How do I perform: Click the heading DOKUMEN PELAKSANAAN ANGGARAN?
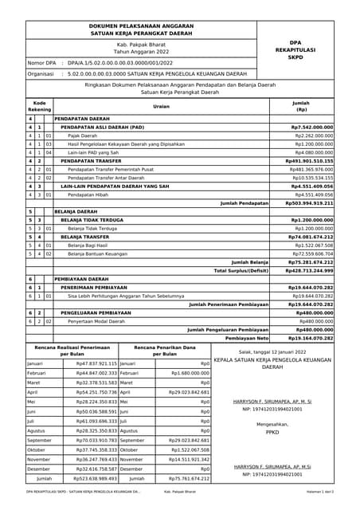click(142, 26)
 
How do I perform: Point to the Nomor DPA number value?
click(120, 62)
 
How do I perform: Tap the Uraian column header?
click(162, 106)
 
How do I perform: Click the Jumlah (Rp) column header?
click(301, 106)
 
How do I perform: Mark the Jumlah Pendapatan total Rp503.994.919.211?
click(310, 203)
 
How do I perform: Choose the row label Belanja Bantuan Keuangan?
click(99, 253)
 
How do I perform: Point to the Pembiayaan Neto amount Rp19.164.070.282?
click(310, 338)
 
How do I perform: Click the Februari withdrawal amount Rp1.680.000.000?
click(189, 373)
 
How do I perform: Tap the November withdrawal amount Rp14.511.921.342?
click(189, 459)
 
